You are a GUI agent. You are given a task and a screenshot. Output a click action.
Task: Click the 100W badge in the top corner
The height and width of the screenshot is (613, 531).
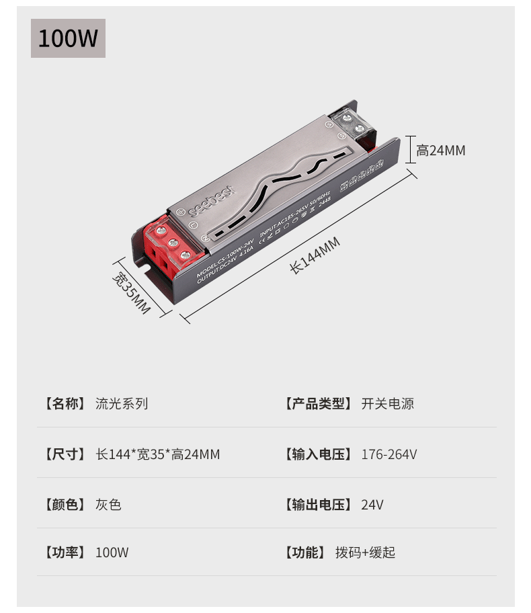pos(68,38)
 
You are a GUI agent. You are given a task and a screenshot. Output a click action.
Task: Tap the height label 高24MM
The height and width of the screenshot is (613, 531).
pos(440,150)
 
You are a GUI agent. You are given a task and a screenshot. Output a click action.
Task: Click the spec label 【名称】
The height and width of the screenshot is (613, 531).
pos(65,404)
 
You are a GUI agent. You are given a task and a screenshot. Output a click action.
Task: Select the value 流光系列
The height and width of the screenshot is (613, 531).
pos(122,404)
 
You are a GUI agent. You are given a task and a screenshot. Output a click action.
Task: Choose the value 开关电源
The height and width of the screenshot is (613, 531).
pos(387,404)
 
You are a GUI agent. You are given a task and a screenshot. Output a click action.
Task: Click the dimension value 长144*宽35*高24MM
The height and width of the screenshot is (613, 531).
pos(158,454)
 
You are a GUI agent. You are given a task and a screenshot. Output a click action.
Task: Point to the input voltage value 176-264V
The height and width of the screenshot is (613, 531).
pos(389,454)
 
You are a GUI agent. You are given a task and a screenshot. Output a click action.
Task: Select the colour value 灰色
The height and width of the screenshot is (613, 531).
pos(108,504)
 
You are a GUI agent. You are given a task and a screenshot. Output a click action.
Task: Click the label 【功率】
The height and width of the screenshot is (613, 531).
pos(65,553)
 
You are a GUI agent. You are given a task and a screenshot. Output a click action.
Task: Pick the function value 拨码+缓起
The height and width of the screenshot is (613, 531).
pos(365,553)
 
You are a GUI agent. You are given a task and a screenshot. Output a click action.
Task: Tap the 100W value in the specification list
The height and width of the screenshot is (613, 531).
pos(112,553)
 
